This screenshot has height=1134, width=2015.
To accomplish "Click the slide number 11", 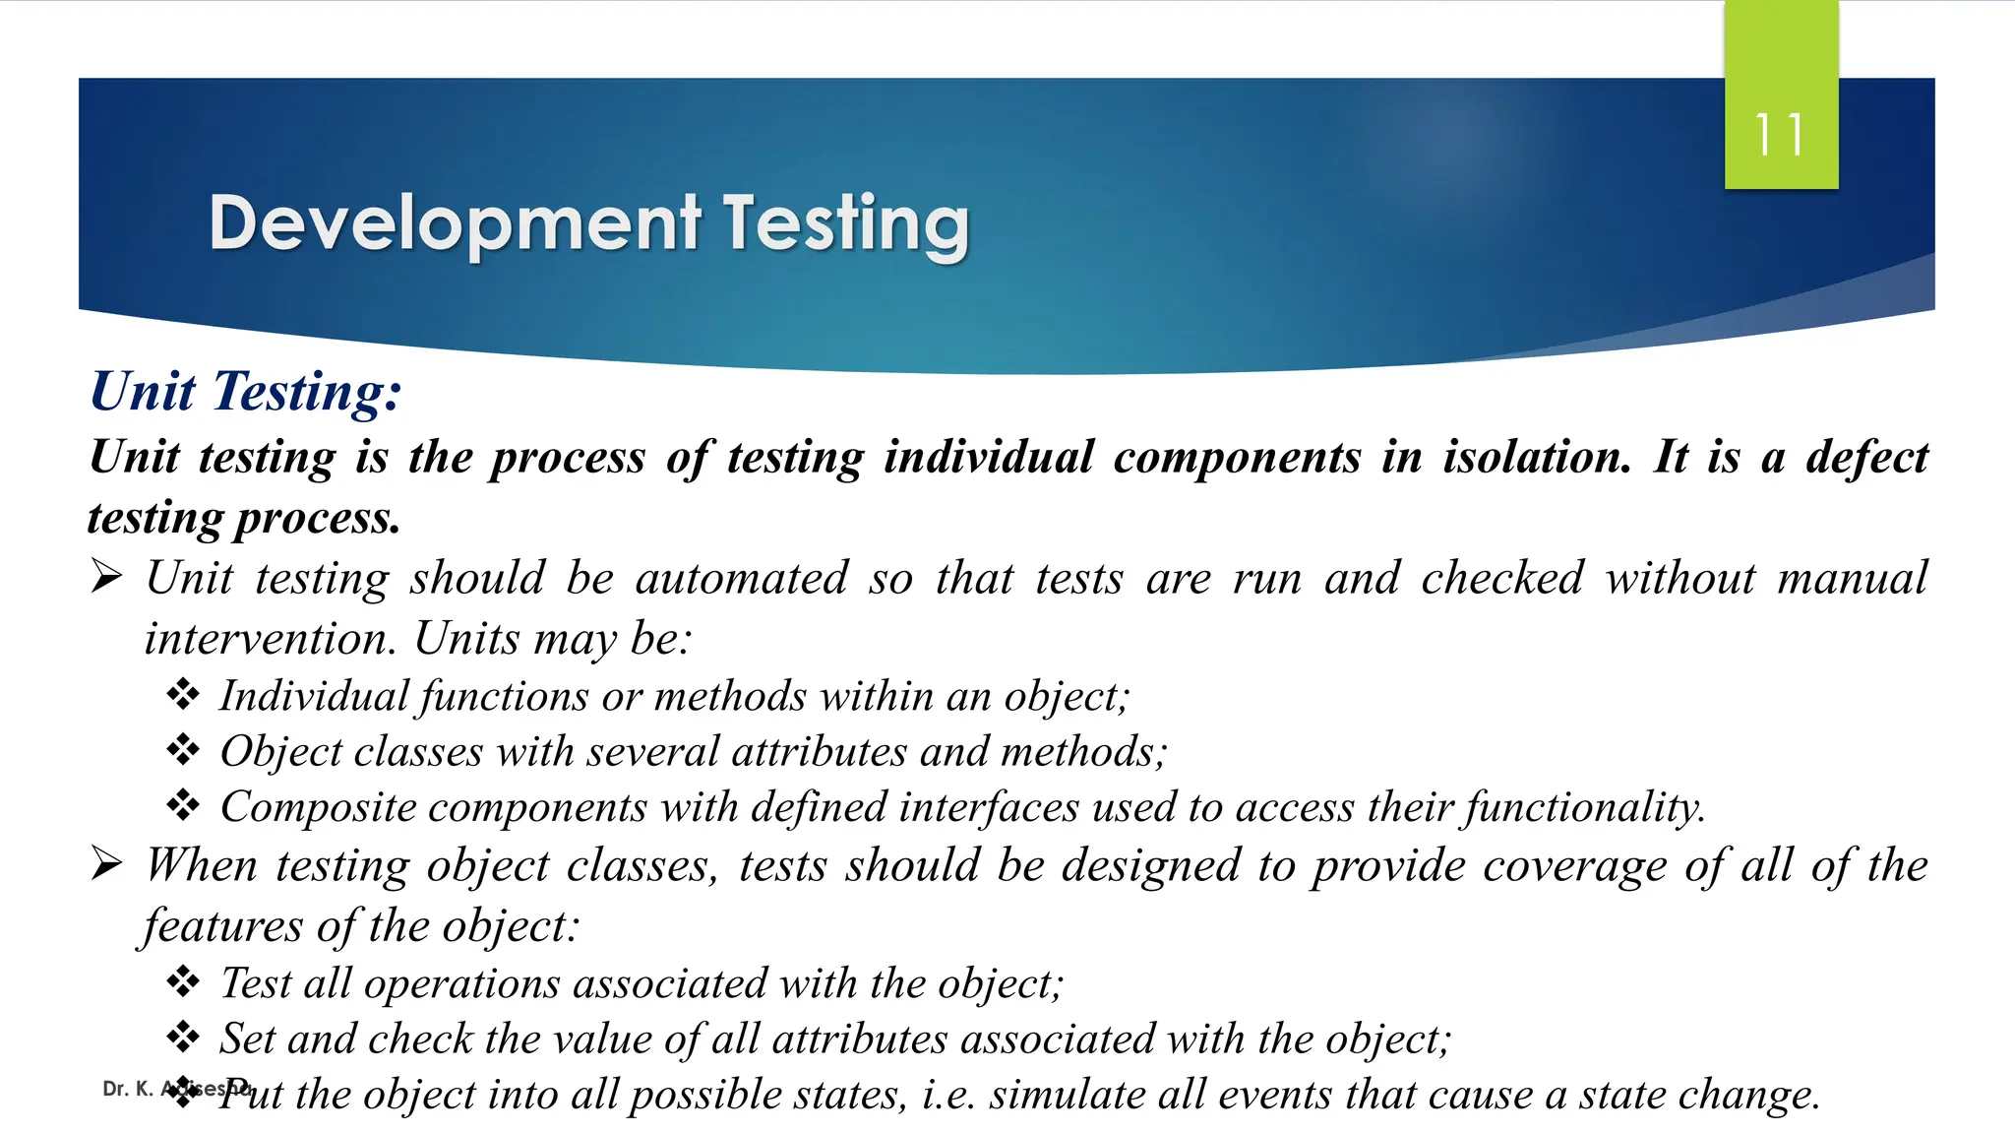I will coord(1779,135).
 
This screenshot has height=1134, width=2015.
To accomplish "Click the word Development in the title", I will coord(455,224).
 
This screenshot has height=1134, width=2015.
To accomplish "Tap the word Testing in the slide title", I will coord(846,224).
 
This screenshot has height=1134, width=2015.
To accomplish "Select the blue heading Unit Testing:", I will coord(246,392).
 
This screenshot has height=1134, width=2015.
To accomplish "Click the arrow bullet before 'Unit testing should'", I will coord(106,577).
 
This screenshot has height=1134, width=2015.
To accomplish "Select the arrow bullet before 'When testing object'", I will coord(106,864).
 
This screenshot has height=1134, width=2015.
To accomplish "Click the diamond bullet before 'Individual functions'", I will coord(183,695).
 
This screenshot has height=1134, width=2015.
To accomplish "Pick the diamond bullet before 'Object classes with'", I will coord(183,750).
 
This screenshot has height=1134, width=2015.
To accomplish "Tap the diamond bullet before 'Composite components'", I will coord(183,805).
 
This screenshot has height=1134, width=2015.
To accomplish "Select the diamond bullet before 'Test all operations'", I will coord(183,981).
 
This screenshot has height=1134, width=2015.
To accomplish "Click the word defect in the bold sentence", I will coord(1866,458).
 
